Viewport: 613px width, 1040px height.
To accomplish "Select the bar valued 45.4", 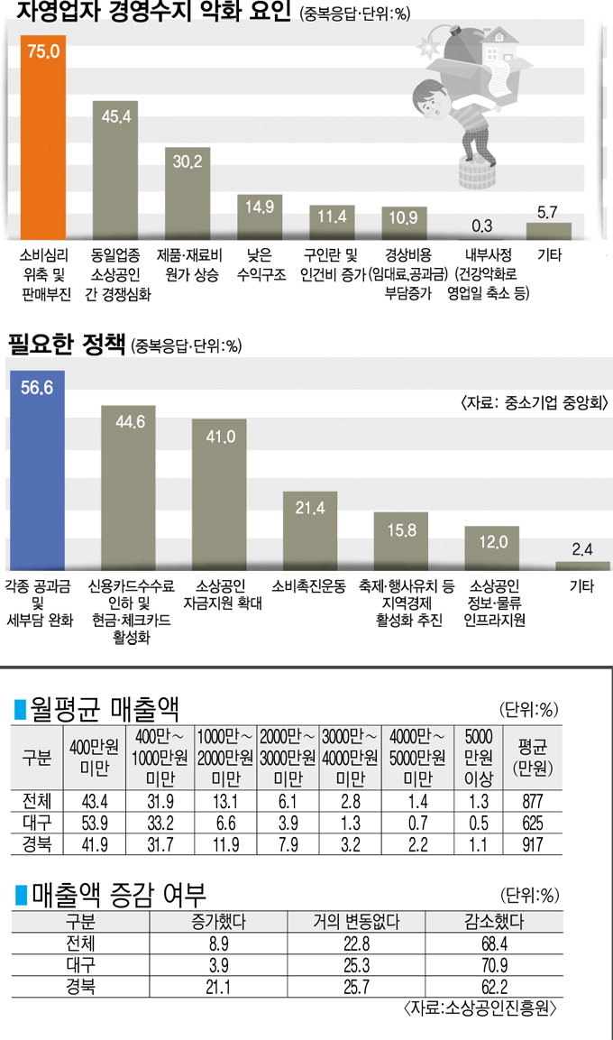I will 114,171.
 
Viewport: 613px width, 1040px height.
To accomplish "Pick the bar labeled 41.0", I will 219,492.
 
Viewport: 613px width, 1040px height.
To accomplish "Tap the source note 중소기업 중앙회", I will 535,402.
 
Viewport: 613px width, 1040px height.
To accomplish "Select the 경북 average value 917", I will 532,844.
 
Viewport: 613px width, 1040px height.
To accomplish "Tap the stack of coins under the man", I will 475,170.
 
